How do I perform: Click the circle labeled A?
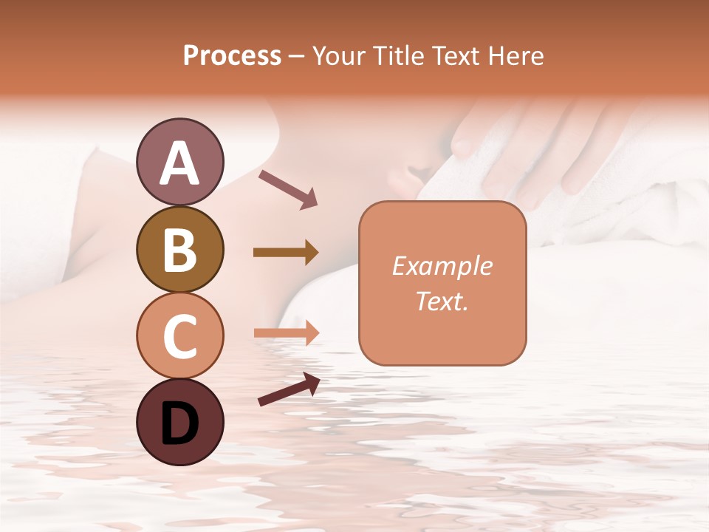(x=179, y=162)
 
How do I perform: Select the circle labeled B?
(x=179, y=249)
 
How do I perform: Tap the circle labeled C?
(x=179, y=335)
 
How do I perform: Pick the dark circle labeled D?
(x=179, y=422)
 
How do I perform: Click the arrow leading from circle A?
(x=287, y=188)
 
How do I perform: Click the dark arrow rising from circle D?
(x=288, y=389)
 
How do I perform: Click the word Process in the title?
(x=232, y=55)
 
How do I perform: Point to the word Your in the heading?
(x=336, y=55)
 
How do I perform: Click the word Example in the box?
(x=442, y=266)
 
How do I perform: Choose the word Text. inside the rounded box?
(x=442, y=301)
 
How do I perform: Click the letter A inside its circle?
(x=179, y=163)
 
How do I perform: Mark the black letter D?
(x=179, y=423)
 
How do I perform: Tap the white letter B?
(x=179, y=250)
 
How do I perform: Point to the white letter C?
(x=179, y=337)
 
